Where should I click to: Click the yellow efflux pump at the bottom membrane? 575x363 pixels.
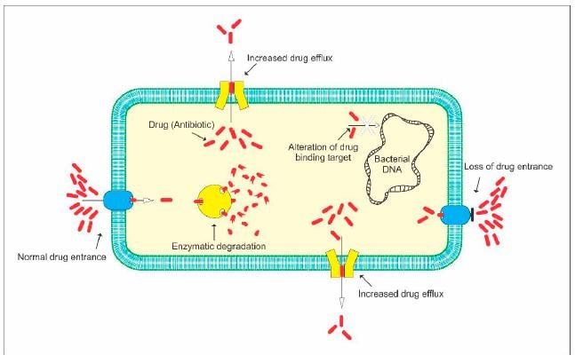(339, 264)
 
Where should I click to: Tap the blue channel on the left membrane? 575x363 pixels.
(116, 201)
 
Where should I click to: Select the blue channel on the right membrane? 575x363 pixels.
(457, 215)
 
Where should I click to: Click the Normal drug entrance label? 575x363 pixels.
(62, 258)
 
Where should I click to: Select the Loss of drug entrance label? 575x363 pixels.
(509, 167)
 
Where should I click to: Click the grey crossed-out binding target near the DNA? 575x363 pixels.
(363, 123)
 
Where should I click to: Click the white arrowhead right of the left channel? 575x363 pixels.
(149, 201)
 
